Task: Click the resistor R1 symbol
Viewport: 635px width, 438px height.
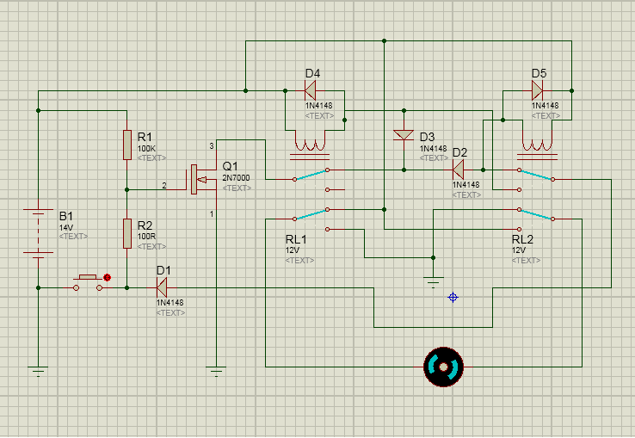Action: click(127, 145)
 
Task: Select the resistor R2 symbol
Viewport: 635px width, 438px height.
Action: click(127, 233)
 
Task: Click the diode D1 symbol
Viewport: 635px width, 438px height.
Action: click(162, 287)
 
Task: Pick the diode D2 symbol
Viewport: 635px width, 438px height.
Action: click(458, 170)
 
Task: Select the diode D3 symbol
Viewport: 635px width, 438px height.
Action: click(404, 135)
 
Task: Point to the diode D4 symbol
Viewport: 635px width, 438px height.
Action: click(311, 90)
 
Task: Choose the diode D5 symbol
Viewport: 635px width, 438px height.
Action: click(537, 90)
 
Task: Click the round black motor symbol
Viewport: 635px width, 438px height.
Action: click(443, 367)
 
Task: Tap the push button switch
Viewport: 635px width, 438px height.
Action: click(88, 283)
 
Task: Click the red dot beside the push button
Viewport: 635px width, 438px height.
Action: click(108, 278)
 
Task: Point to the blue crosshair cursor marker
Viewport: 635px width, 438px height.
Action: click(453, 298)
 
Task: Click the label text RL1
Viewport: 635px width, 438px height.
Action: click(296, 239)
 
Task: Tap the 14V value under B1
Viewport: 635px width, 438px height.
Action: click(66, 227)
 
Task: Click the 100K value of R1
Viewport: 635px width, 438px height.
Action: click(146, 148)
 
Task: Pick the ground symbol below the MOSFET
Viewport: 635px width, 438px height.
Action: click(216, 371)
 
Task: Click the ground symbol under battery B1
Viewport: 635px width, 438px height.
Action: click(38, 371)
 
